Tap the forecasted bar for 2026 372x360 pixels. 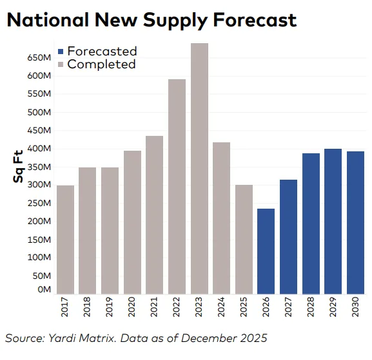pyautogui.click(x=266, y=251)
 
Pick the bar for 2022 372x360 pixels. pyautogui.click(x=177, y=187)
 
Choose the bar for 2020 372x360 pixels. pyautogui.click(x=132, y=222)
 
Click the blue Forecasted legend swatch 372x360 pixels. pyautogui.click(x=61, y=52)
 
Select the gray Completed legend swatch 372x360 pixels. pyautogui.click(x=61, y=64)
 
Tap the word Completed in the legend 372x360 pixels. pyautogui.click(x=101, y=64)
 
